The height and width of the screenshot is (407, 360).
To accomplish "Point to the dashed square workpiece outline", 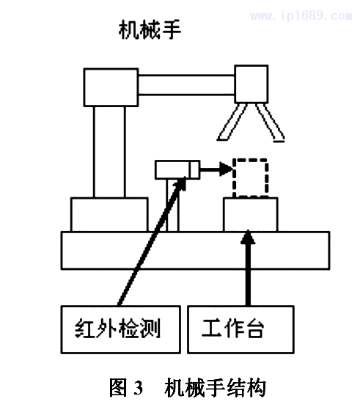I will click(250, 177).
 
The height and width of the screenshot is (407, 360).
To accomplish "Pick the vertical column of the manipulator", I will click(114, 151).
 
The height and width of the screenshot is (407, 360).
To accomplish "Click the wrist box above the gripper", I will click(251, 83).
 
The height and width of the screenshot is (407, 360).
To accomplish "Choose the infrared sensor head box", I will click(177, 170).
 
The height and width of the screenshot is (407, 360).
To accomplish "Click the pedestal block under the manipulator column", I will click(109, 214).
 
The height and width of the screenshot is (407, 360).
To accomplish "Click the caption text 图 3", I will click(129, 387).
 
